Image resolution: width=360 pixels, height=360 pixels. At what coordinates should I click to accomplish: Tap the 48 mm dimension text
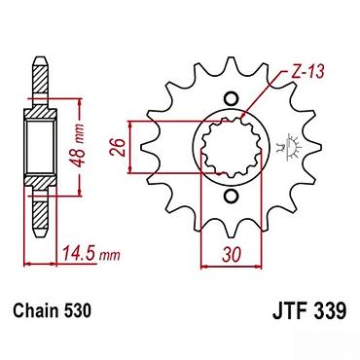[78, 146]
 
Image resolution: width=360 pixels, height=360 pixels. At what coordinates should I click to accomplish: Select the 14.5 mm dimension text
[91, 253]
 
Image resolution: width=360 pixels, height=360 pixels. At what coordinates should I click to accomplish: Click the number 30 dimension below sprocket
[232, 254]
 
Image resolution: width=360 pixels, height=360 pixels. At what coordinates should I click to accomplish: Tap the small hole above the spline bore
[231, 98]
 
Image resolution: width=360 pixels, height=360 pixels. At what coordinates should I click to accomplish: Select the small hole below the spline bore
[231, 197]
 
